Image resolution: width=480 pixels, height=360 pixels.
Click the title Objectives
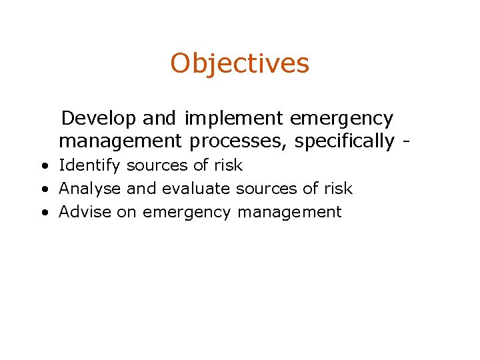(239, 64)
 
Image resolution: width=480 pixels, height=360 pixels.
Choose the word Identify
(90, 165)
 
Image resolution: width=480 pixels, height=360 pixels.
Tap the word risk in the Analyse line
(337, 189)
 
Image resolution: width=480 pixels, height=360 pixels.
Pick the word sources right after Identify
(155, 165)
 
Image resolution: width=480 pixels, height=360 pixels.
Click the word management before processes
(120, 142)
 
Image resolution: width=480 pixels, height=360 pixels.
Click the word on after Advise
(127, 213)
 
